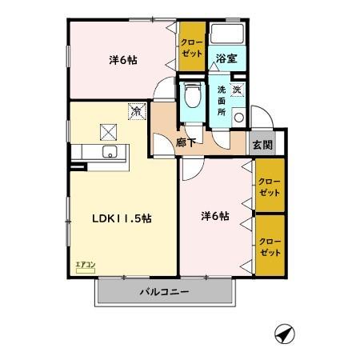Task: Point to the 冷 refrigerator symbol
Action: (137, 112)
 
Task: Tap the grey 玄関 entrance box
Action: (261, 145)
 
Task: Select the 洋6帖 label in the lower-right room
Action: (214, 215)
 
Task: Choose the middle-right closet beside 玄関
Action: (270, 188)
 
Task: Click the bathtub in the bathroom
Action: (228, 36)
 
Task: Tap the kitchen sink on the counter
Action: (109, 152)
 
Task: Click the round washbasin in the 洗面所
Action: (238, 118)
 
